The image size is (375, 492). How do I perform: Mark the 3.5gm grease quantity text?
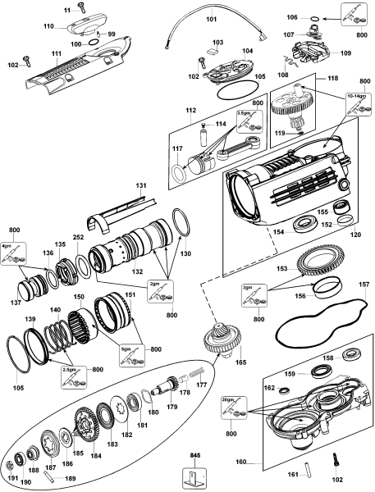point(243,113)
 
